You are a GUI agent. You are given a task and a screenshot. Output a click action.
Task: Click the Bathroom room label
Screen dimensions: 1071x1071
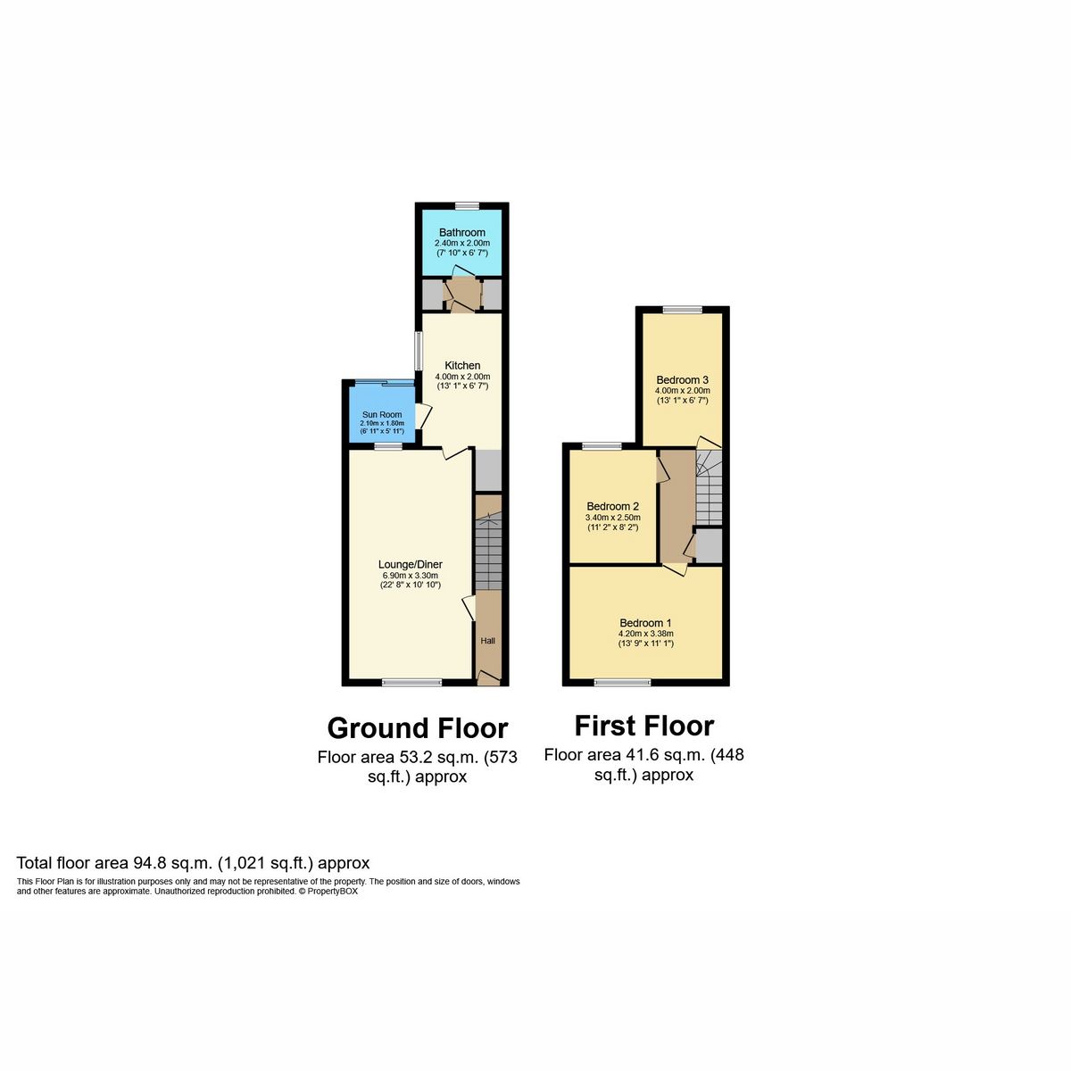(x=462, y=232)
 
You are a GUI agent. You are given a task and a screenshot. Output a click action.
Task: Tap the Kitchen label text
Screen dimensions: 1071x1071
(x=462, y=365)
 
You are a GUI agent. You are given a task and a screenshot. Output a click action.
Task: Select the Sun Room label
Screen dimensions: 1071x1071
(x=382, y=414)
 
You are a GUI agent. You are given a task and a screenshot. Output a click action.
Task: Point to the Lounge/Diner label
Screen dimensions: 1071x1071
(x=411, y=564)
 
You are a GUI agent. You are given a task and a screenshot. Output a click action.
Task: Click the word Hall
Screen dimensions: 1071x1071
(x=488, y=641)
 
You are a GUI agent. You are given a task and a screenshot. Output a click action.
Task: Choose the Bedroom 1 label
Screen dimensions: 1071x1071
(x=645, y=623)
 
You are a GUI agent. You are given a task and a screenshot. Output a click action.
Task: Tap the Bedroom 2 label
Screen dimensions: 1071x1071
(x=612, y=506)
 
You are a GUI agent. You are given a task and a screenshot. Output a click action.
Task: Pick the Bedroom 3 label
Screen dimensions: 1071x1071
(x=682, y=379)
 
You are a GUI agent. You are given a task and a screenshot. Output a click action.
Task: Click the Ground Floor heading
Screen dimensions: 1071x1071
(x=418, y=728)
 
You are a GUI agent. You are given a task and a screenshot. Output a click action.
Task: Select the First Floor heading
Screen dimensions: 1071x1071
(x=644, y=726)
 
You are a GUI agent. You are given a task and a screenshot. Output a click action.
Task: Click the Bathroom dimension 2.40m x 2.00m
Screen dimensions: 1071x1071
(x=462, y=243)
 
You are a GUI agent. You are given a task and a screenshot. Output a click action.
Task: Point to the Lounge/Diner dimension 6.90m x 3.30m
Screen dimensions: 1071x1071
(x=411, y=576)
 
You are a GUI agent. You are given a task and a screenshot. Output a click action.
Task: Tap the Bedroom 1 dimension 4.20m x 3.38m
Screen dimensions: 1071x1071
(x=645, y=634)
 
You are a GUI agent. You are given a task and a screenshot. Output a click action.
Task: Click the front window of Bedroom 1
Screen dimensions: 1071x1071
(x=623, y=683)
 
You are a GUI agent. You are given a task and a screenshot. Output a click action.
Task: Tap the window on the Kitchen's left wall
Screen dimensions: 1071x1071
(x=418, y=351)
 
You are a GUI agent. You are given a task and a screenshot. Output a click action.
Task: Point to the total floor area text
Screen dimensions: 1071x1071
(x=193, y=863)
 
